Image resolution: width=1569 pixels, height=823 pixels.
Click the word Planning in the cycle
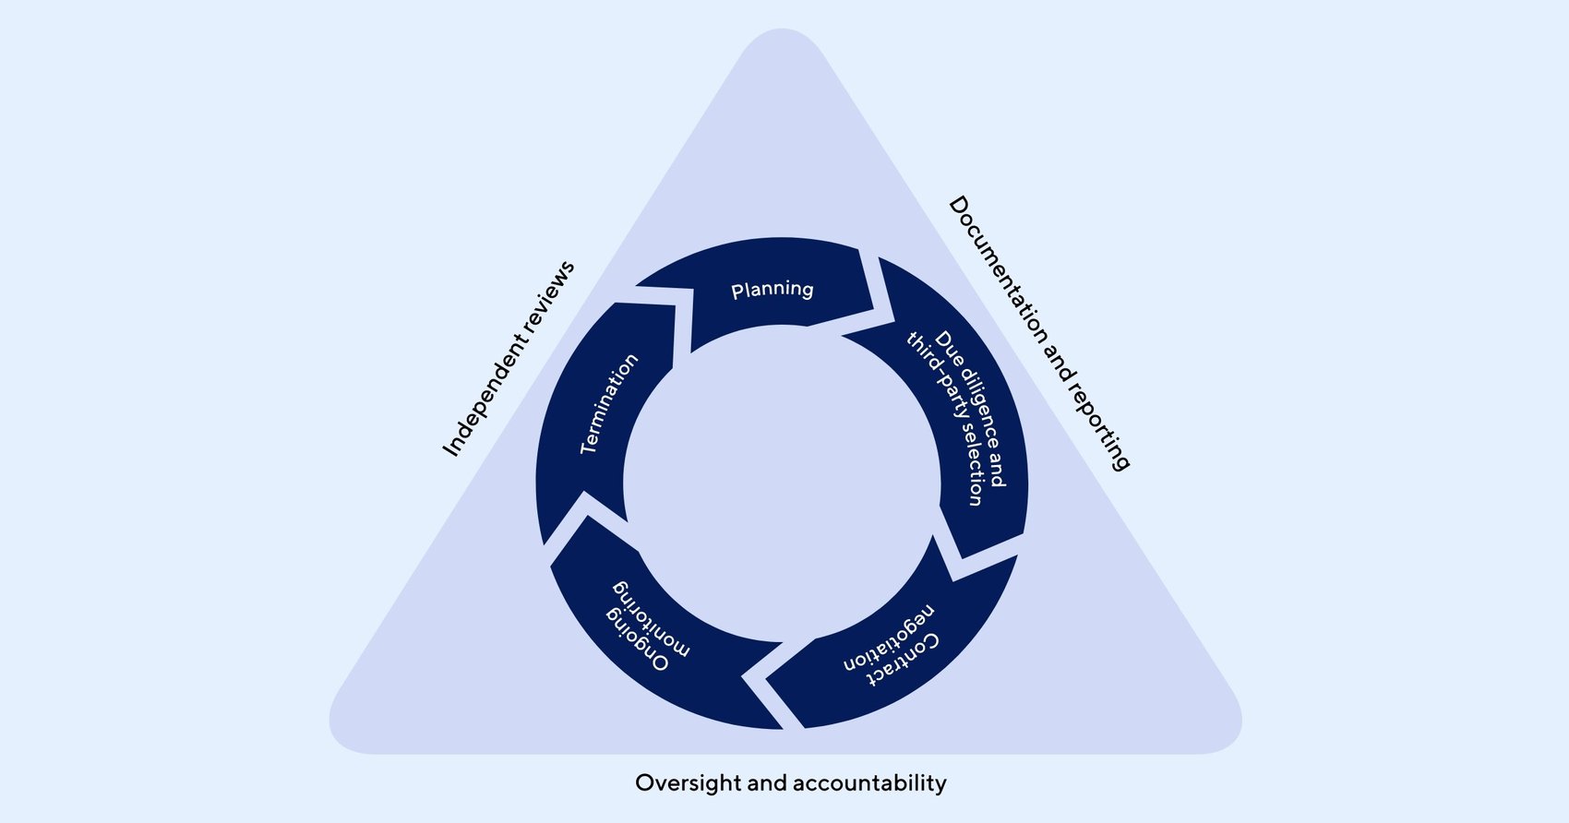772,290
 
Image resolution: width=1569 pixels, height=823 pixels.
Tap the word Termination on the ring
608,404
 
